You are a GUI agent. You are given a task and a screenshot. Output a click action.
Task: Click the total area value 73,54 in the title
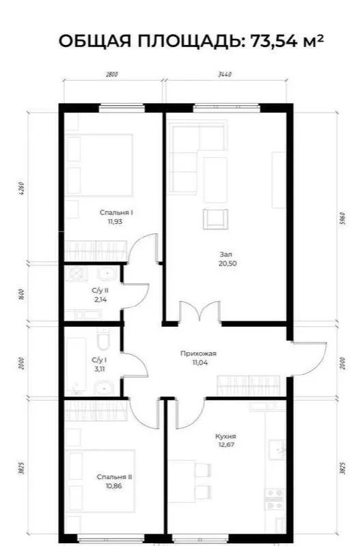pos(273,42)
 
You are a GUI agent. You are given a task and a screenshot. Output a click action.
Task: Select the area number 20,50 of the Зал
pos(227,263)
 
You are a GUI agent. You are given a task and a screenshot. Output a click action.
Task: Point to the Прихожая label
pos(198,354)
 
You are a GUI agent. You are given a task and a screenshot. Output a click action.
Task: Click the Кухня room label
pos(225,436)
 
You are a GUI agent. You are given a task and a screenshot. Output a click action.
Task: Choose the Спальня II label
pos(114,477)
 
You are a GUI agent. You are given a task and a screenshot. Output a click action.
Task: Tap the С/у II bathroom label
pos(100,290)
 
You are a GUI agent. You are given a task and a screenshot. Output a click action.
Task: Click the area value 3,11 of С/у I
pos(99,369)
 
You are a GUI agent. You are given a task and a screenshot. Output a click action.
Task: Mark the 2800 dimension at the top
pos(112,74)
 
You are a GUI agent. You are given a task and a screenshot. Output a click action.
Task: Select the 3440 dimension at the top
pos(225,74)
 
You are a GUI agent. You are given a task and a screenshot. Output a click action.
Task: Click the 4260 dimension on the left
pos(23,188)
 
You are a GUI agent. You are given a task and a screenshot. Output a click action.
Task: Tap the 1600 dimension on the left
pos(23,295)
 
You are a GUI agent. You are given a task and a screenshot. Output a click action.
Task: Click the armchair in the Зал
pos(215,219)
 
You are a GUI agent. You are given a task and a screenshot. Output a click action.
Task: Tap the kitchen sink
pos(277,450)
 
